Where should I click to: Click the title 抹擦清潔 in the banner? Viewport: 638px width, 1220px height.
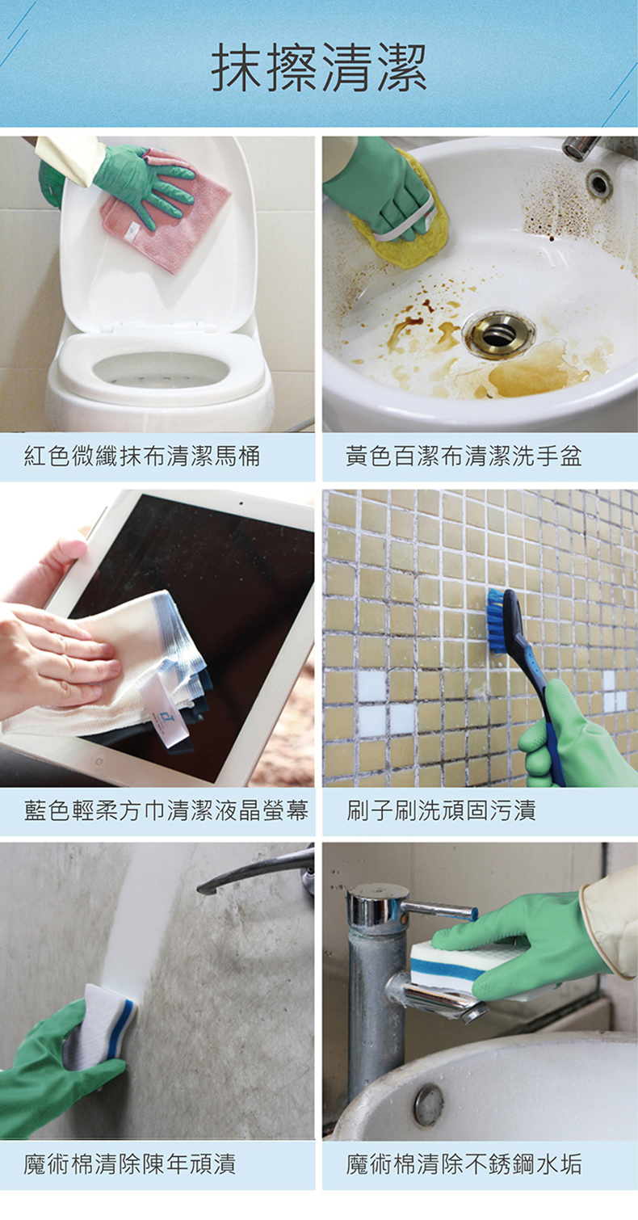[319, 68]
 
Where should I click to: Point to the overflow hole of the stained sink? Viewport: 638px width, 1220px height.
[598, 183]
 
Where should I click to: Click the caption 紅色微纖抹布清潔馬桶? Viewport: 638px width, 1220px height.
[142, 456]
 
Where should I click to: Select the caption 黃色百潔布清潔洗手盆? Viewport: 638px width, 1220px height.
[464, 456]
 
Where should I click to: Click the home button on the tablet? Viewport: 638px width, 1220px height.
[99, 761]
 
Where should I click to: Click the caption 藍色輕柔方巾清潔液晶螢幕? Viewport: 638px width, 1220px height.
[166, 810]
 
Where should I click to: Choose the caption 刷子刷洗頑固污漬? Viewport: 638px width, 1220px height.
[441, 810]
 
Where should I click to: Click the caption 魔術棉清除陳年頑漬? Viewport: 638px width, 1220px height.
[129, 1163]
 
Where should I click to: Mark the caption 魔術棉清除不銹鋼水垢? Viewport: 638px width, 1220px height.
[464, 1163]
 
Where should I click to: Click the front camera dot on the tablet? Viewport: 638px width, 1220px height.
[241, 503]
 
